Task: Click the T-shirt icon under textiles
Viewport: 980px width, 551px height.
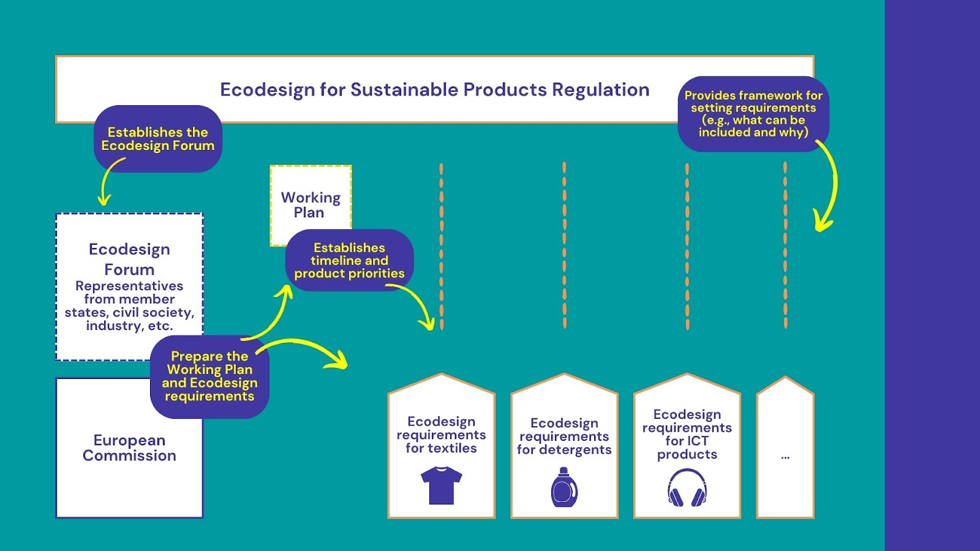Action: point(441,485)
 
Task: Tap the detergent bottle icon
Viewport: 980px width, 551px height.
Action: point(564,487)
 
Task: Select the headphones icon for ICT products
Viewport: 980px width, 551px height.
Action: point(687,487)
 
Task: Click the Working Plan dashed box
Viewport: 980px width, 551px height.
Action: point(311,205)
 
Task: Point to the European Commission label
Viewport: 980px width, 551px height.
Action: point(129,448)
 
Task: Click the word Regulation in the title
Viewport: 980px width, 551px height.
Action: point(601,89)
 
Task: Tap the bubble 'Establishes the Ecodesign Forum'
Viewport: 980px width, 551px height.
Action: point(158,138)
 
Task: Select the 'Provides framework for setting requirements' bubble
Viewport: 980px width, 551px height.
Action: point(753,114)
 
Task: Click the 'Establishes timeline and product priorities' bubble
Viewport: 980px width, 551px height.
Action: point(349,260)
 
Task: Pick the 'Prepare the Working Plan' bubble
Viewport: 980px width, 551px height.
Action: point(209,377)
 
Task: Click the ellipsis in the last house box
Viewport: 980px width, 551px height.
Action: point(785,457)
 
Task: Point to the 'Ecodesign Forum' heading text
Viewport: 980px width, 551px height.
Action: point(129,259)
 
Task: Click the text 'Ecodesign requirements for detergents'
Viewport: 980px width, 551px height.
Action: point(564,436)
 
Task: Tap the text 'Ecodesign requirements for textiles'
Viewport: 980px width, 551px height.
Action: point(441,435)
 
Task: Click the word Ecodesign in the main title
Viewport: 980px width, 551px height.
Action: point(267,89)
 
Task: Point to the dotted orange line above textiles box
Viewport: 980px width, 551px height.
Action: point(442,246)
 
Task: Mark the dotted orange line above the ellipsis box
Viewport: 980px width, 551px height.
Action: point(785,246)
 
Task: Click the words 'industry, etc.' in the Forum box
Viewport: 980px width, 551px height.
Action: point(129,326)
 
